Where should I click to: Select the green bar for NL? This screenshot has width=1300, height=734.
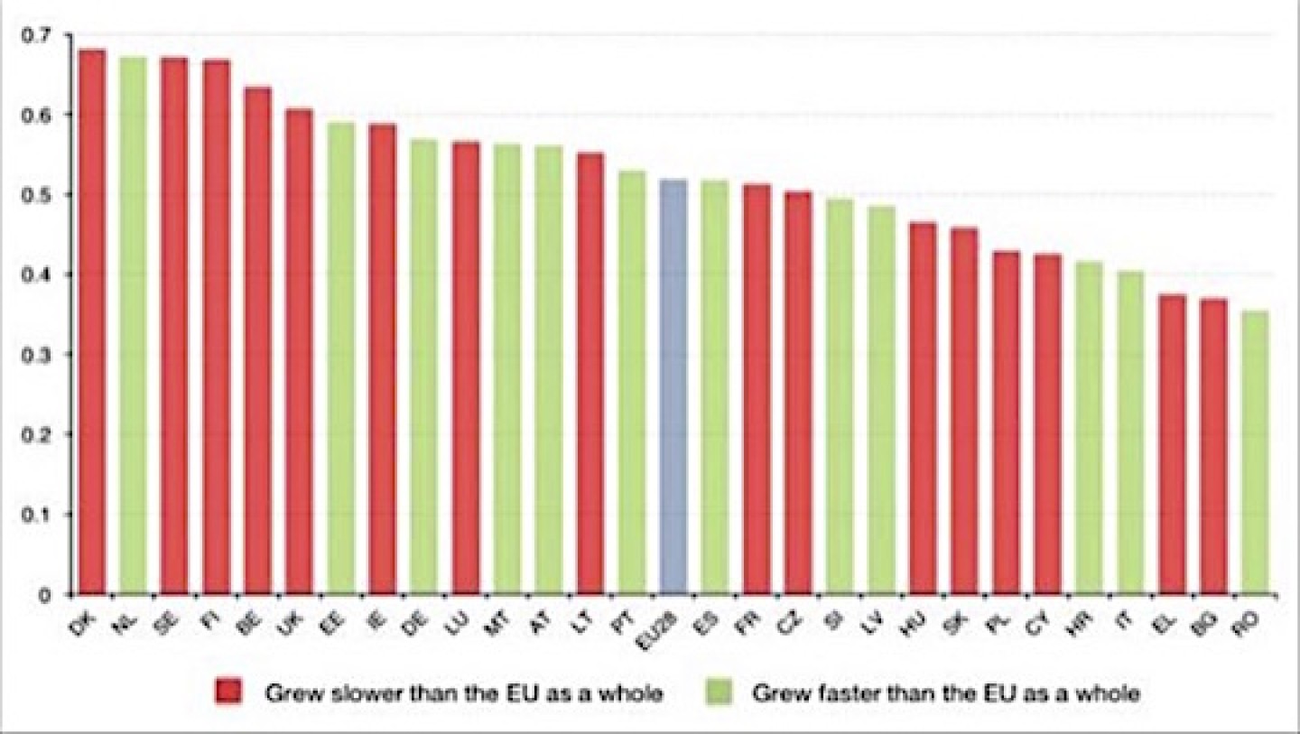(x=134, y=326)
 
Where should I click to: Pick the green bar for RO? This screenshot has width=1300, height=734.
(x=1255, y=452)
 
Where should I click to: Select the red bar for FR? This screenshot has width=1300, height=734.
(x=757, y=389)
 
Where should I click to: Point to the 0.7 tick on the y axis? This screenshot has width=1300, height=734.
(x=39, y=35)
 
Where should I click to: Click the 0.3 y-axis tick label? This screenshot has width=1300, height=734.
(x=39, y=355)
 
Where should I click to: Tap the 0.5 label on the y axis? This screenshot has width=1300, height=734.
(x=39, y=195)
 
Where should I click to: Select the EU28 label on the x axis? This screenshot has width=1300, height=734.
(x=670, y=623)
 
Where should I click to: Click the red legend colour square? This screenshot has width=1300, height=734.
(x=226, y=693)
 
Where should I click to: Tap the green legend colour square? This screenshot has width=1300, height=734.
(x=713, y=693)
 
